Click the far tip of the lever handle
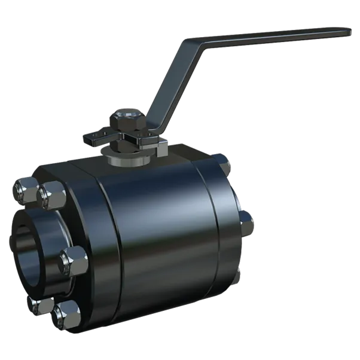[x=349, y=29]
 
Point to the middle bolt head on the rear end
[x=246, y=222]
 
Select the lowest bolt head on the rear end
[x=238, y=276]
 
